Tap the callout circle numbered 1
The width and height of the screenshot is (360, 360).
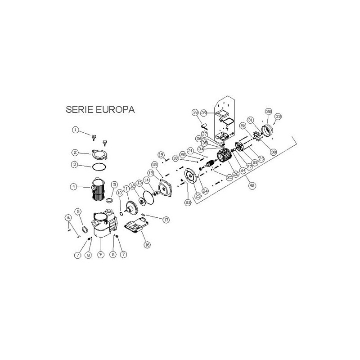coord(76,130)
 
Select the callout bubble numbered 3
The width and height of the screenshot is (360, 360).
coord(76,165)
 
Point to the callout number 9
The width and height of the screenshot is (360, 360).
coord(100,254)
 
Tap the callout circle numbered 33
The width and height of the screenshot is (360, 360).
coord(278,117)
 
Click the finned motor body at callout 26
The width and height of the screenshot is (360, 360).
coord(224,157)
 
